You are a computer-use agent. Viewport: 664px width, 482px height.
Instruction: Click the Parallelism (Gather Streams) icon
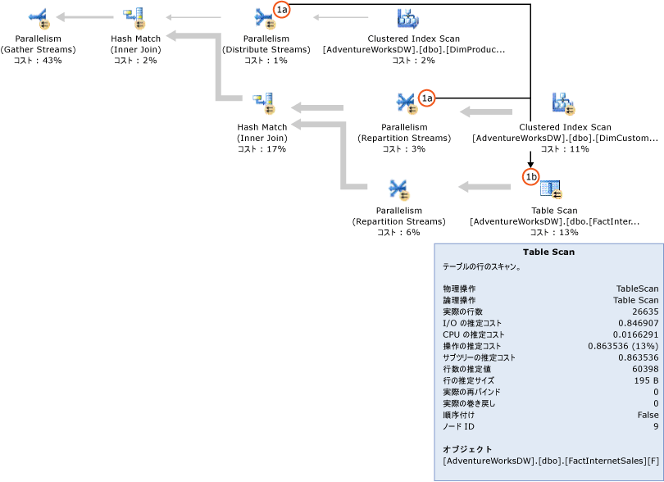39,17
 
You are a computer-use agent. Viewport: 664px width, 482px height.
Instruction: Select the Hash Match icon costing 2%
134,17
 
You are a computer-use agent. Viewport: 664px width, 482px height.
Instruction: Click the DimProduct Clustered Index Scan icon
407,17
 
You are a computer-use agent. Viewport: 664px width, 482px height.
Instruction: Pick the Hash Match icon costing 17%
263,103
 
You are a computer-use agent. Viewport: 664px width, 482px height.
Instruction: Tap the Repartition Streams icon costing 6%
399,189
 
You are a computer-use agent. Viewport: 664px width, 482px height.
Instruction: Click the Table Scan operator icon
552,189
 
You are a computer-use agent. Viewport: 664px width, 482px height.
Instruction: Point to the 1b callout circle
531,175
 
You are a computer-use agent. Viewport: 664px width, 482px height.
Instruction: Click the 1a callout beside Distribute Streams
281,10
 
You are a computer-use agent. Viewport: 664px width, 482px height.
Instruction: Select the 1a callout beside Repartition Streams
426,98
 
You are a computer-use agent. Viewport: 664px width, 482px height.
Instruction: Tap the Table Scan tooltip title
548,252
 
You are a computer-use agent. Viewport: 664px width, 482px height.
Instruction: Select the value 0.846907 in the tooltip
638,323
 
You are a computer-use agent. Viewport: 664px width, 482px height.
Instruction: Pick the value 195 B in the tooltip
646,380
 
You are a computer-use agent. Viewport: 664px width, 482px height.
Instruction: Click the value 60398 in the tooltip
644,369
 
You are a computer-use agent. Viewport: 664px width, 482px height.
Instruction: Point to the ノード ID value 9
655,426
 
